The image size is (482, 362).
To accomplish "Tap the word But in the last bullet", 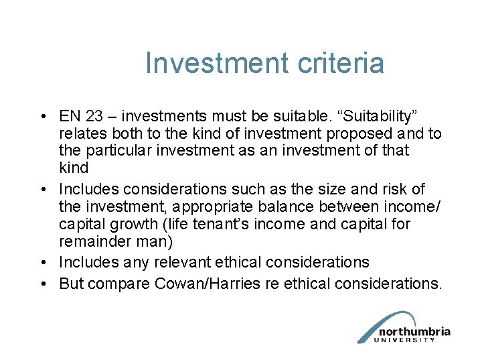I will (71, 284).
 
